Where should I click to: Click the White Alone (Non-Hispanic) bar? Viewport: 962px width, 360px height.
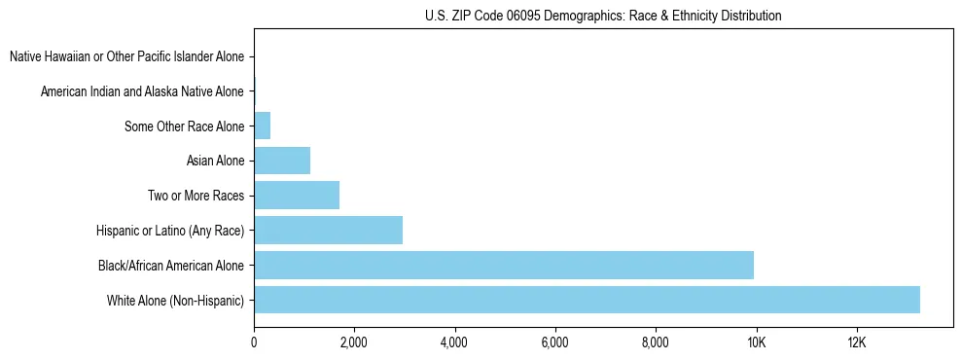[x=587, y=300]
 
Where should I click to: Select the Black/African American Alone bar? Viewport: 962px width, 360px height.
[x=504, y=265]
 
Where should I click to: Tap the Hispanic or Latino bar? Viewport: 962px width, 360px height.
[x=328, y=231]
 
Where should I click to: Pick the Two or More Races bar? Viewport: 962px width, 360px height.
[x=297, y=196]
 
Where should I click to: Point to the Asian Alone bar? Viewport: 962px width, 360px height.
[x=282, y=161]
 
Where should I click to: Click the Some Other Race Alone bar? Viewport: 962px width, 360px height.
[x=263, y=126]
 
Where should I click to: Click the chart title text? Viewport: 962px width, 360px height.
[x=603, y=16]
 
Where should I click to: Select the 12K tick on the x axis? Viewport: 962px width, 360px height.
[x=856, y=342]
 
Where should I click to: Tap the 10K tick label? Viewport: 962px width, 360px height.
[x=756, y=342]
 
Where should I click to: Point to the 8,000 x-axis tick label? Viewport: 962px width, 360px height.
[x=656, y=342]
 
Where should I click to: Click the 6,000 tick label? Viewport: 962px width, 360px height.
[x=554, y=342]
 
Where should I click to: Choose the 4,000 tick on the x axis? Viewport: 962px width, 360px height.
[x=454, y=342]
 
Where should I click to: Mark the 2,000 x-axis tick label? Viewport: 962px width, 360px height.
[x=354, y=342]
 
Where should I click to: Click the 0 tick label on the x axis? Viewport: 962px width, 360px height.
[x=254, y=342]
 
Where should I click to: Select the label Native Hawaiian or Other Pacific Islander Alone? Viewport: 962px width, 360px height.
[x=126, y=56]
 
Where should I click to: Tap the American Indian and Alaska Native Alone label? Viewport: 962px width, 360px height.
[x=142, y=91]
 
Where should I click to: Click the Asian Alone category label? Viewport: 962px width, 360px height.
[x=215, y=161]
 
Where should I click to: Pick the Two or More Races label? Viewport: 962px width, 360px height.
[x=196, y=196]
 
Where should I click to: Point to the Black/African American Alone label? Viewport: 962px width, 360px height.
[x=171, y=265]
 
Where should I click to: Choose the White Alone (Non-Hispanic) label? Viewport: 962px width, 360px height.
[x=176, y=300]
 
